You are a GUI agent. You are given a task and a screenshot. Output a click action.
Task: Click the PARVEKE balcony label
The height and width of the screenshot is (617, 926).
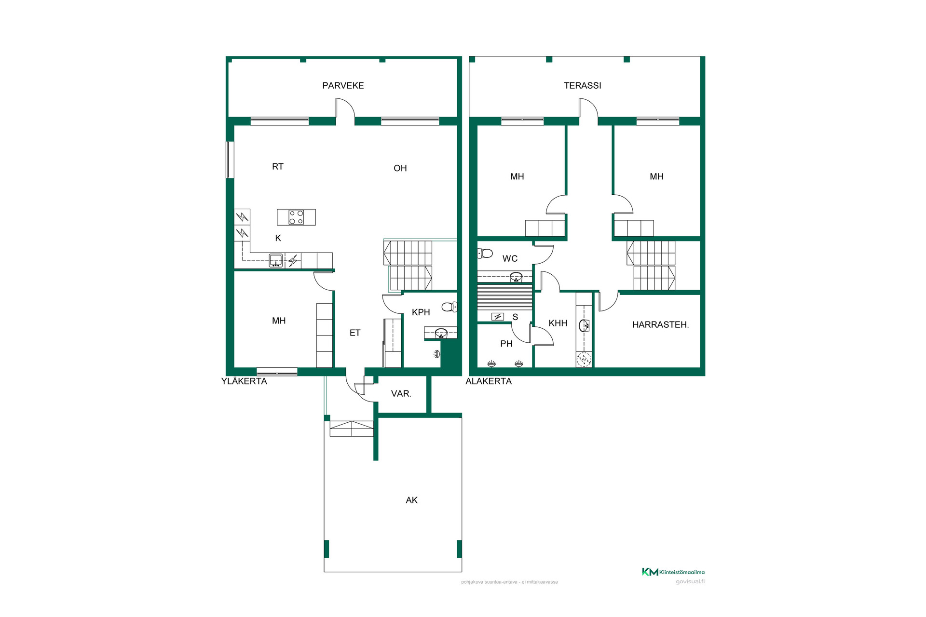343,85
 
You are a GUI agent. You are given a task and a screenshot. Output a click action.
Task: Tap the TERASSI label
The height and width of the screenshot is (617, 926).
583,85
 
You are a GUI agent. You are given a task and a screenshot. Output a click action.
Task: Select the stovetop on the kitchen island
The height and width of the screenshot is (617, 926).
296,217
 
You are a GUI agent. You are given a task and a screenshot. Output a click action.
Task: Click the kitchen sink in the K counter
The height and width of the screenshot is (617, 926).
276,260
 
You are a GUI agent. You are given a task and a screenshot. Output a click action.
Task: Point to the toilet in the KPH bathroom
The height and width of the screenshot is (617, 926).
449,307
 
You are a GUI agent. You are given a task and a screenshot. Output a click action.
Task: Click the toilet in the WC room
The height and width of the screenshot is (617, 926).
485,253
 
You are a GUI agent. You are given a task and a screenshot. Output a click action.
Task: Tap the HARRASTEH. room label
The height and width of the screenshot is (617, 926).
660,325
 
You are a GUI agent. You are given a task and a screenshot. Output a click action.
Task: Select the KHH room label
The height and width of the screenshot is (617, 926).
558,323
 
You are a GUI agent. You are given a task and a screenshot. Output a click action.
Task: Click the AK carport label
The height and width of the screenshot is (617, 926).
411,500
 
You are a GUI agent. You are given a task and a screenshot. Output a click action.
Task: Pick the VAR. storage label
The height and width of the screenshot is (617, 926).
401,394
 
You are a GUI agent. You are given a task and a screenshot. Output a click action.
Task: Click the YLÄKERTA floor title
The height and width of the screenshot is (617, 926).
244,381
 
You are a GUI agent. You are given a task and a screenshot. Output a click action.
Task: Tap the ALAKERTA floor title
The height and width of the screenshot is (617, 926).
489,381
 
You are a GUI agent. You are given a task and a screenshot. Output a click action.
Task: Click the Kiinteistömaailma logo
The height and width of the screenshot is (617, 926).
673,572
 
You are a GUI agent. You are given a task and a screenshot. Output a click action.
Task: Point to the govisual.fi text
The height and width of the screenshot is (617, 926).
690,582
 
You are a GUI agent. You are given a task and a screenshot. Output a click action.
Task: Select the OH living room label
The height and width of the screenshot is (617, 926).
400,168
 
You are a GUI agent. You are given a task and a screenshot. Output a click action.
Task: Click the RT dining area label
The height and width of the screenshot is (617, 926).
278,167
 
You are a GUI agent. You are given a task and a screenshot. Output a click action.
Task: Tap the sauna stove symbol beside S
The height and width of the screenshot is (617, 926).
498,317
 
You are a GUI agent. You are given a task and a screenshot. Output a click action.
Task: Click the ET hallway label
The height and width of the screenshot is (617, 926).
355,333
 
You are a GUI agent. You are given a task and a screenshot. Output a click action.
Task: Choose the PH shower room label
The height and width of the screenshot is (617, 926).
506,344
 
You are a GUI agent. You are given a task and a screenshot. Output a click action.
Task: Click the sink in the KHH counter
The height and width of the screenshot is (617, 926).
584,326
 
